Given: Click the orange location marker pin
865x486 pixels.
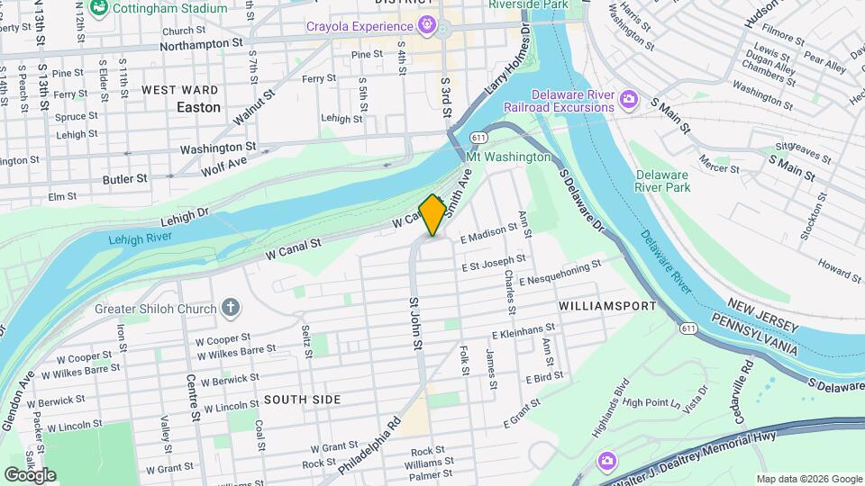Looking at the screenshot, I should (432, 215).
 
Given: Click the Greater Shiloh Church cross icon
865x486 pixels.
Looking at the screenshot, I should (231, 309).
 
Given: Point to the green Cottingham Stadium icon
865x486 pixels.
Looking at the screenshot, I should (100, 7).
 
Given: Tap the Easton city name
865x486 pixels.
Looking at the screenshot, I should (198, 107).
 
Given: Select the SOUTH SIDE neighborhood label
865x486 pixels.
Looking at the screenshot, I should (302, 399).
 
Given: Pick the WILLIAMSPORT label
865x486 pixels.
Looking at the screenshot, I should (607, 306).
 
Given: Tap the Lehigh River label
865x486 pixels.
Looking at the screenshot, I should (140, 239).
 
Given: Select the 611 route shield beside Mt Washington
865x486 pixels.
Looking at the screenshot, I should (478, 138).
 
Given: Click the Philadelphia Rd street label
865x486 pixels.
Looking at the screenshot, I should (370, 444).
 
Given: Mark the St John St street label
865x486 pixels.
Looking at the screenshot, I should (415, 323).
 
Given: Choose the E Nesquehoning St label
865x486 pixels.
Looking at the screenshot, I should (559, 274).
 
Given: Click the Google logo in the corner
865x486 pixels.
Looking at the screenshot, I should (30, 474).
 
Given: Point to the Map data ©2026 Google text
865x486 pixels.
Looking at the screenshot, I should (807, 479).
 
